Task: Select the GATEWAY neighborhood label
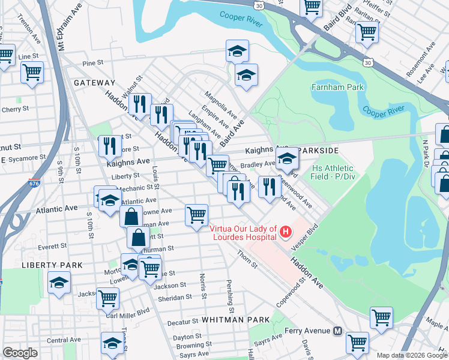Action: click(94, 82)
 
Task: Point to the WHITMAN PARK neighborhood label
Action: click(236, 320)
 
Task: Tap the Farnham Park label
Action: click(338, 88)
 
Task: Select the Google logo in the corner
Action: click(20, 352)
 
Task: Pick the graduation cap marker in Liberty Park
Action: click(59, 283)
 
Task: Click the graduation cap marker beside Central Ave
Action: click(112, 343)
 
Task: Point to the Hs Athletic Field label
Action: click(332, 173)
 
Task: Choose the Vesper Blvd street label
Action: click(304, 238)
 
